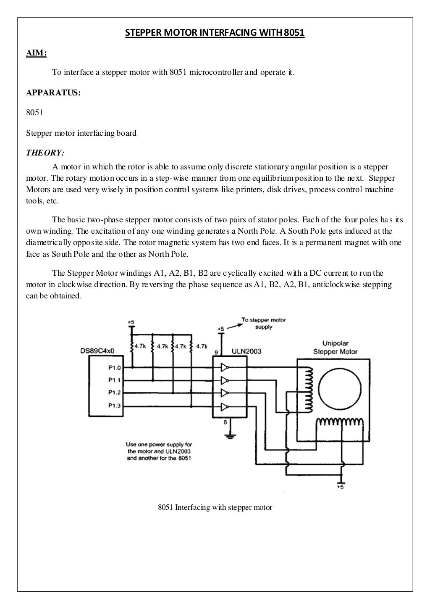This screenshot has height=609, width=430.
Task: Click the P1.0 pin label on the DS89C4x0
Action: pos(114,368)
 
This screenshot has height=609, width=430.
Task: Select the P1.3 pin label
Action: pos(114,406)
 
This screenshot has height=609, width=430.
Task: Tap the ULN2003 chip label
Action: pos(246,351)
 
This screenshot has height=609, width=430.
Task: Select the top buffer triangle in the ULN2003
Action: pos(225,368)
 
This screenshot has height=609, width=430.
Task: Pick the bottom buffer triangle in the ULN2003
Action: pos(225,406)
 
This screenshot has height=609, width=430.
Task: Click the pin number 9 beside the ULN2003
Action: pos(216,351)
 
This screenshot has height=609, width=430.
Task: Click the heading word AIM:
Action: pos(37,53)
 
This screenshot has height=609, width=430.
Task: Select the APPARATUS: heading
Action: pos(53,93)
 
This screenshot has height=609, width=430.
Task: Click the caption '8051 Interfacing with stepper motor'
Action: pos(215,507)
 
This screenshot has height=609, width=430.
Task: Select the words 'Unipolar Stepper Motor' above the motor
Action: pos(335,347)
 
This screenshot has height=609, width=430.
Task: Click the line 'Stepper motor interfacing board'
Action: pos(81,133)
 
